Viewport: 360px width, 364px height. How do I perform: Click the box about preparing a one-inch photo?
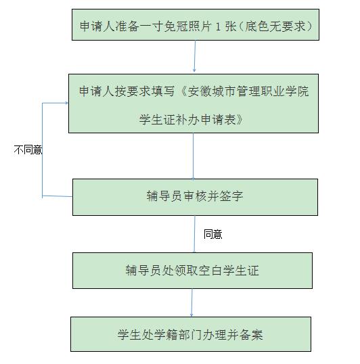point(196,25)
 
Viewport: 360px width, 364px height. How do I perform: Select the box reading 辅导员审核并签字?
point(195,197)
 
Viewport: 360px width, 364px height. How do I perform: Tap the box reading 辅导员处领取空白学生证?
point(192,271)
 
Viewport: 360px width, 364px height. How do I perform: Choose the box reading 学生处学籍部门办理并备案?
point(191,334)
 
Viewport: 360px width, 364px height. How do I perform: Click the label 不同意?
point(28,150)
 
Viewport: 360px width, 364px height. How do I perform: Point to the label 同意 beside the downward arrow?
point(213,234)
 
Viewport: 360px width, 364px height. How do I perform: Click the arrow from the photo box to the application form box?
point(195,56)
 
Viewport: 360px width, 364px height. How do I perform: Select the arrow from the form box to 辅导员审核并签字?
point(193,156)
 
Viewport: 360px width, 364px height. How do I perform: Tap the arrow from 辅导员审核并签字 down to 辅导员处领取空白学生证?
point(194,234)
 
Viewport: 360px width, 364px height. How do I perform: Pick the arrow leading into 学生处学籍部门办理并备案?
point(192,302)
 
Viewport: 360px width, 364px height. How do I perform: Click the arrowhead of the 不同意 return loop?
point(67,103)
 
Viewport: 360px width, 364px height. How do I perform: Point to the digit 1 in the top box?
point(218,26)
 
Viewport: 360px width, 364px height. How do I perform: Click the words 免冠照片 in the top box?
point(187,26)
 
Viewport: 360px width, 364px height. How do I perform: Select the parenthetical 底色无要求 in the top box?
point(275,26)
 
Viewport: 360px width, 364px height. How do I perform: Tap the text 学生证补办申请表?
point(187,120)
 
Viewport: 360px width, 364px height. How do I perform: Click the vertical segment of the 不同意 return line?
point(42,150)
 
